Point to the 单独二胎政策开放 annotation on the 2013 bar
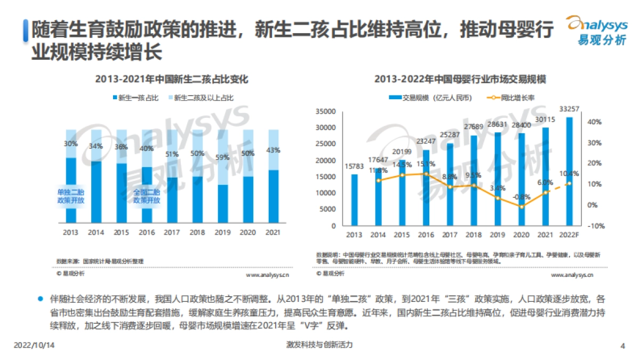(x=70, y=196)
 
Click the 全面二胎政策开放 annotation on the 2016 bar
(x=146, y=196)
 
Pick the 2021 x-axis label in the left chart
(x=272, y=233)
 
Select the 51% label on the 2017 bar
(x=172, y=155)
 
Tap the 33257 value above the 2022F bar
(x=569, y=109)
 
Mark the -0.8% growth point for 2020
(x=522, y=206)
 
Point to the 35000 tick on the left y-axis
(x=326, y=111)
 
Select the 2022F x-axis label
(x=569, y=235)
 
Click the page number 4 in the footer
(x=622, y=346)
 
